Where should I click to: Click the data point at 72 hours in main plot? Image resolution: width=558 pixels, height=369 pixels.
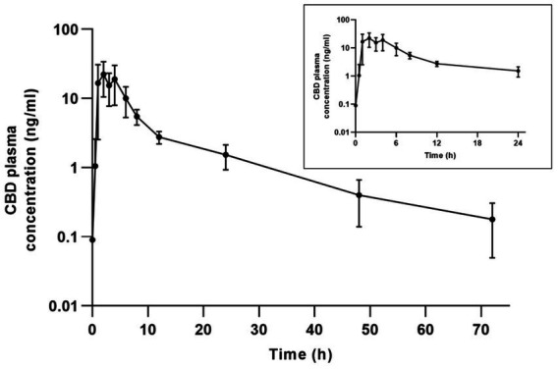(x=492, y=219)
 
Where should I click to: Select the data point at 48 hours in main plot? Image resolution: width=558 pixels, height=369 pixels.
(x=359, y=195)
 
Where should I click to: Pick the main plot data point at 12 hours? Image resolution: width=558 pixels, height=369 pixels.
(x=159, y=136)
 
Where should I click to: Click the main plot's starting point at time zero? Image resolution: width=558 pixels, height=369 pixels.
(x=92, y=238)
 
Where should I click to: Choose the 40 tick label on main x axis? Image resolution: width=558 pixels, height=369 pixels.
(x=314, y=325)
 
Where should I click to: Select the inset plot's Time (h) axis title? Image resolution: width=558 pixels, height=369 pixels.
(x=436, y=155)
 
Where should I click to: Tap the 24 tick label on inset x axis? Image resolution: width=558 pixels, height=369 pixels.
(x=518, y=143)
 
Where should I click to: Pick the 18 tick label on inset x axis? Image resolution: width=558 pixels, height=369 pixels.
(x=477, y=143)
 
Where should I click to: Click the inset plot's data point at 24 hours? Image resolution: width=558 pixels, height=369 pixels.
(x=518, y=71)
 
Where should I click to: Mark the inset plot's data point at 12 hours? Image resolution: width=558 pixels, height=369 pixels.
(x=436, y=64)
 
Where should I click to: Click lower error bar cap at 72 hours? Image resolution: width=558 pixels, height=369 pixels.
(x=492, y=257)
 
